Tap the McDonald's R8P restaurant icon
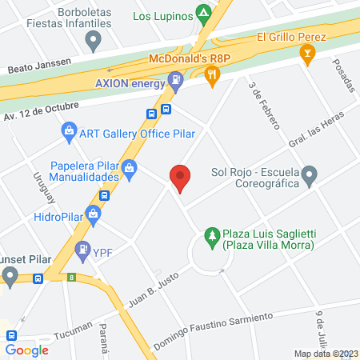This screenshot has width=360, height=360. click(212, 76)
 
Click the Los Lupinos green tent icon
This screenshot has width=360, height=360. click(205, 14)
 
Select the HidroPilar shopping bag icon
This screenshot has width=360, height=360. click(94, 214)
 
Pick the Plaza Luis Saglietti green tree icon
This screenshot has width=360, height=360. click(212, 235)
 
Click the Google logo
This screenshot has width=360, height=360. click(27, 350)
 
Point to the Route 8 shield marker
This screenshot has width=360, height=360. click(71, 278)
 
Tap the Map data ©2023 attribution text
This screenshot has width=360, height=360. click(326, 354)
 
